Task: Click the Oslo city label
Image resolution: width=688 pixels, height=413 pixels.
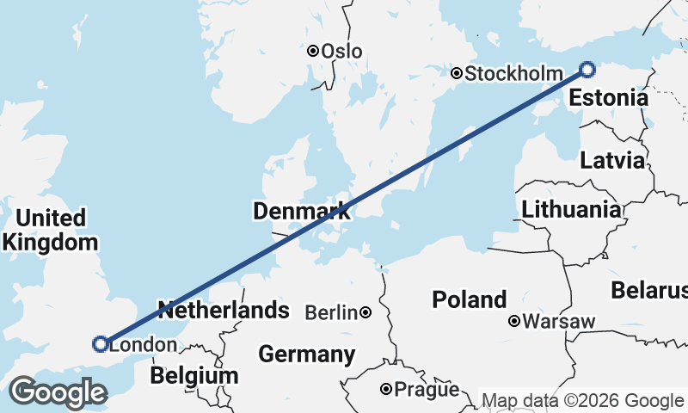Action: click(x=341, y=52)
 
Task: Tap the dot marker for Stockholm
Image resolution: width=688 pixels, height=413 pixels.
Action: click(x=457, y=74)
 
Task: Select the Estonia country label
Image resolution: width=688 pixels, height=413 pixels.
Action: click(x=608, y=98)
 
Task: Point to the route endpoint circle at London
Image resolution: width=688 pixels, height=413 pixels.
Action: click(x=100, y=344)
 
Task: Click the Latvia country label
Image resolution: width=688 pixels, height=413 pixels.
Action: click(x=612, y=161)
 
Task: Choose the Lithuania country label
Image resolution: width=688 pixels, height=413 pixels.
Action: click(x=571, y=209)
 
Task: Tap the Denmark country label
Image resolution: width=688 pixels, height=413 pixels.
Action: click(x=301, y=211)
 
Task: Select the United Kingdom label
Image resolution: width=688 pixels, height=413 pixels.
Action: click(x=50, y=231)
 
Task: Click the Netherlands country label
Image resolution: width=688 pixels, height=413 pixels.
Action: click(x=223, y=310)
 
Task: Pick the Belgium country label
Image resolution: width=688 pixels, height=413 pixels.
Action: click(x=193, y=376)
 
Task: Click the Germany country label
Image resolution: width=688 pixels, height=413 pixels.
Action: click(x=306, y=354)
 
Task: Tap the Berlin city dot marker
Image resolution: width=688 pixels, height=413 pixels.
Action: click(x=365, y=312)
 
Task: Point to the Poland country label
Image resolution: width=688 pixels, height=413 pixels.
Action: click(x=469, y=300)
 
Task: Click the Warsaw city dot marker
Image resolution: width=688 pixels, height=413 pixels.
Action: click(x=514, y=322)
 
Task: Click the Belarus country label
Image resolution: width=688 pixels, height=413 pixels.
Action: click(x=649, y=291)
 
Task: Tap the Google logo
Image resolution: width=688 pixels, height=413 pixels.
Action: click(x=58, y=392)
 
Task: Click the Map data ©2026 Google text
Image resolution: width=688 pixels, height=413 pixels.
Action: click(x=582, y=401)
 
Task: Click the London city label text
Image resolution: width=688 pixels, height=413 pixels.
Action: click(x=144, y=346)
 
